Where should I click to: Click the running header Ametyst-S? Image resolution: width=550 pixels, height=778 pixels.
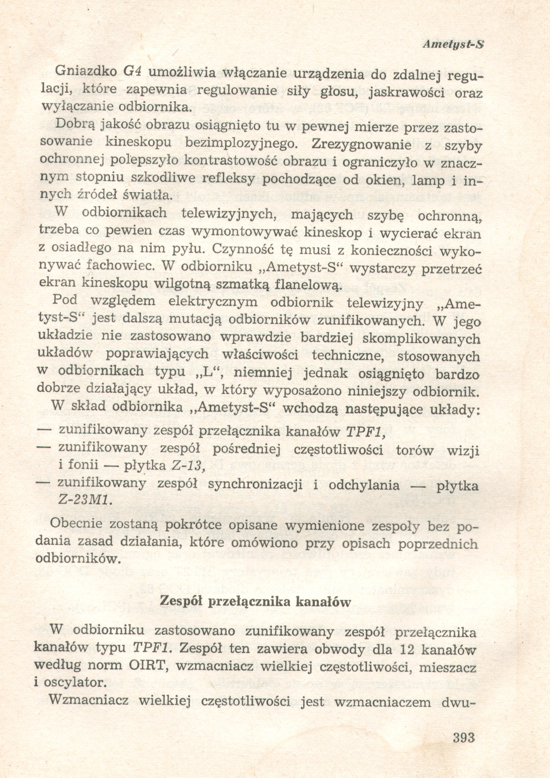coord(453,45)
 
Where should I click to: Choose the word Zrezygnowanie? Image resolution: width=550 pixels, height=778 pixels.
coord(361,145)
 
